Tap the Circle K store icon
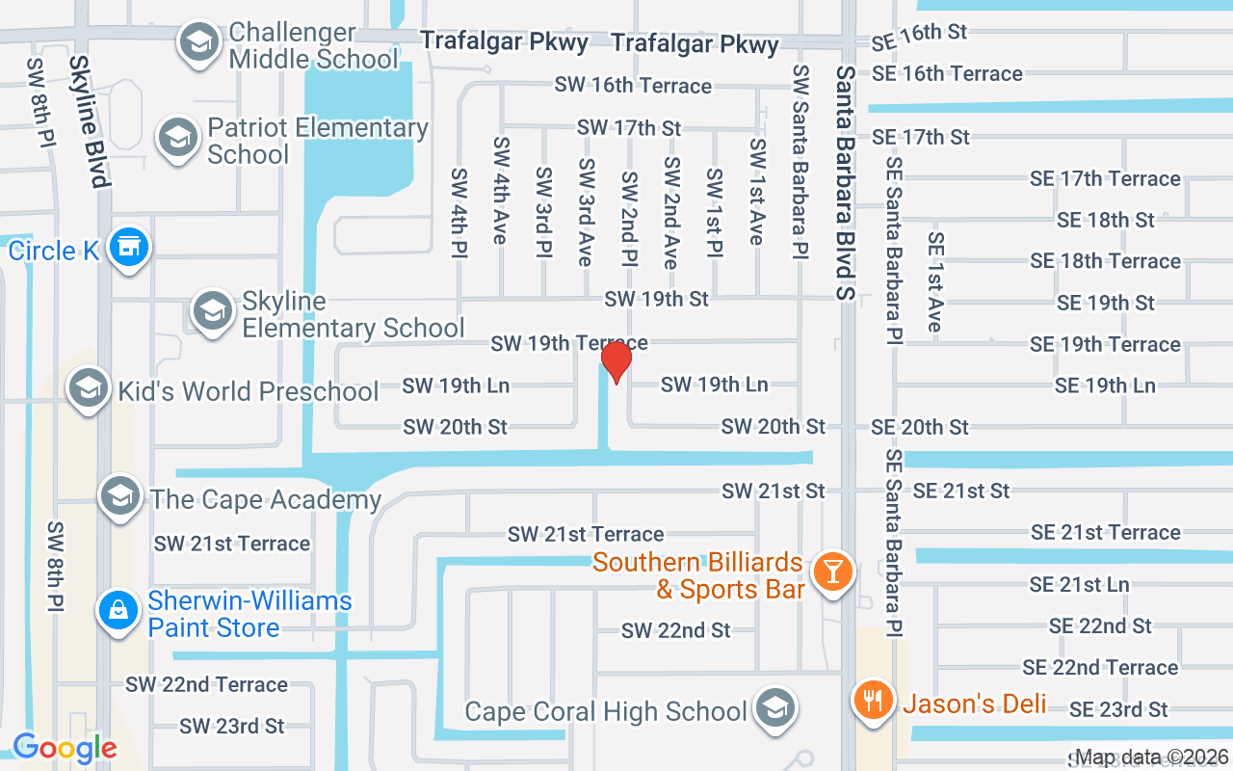point(128,248)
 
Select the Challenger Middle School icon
point(199,43)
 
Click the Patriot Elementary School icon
point(178,138)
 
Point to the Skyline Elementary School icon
point(212,311)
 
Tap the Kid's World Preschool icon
point(88,388)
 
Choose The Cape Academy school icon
point(120,496)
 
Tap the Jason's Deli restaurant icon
point(874,699)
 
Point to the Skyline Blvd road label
point(87,120)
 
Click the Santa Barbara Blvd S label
point(846,183)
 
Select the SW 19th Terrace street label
point(568,343)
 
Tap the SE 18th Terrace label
point(1105,261)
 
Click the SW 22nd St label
point(676,630)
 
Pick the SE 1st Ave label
point(934,281)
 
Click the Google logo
point(65,747)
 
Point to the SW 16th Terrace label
point(633,85)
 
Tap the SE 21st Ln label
point(1079,584)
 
